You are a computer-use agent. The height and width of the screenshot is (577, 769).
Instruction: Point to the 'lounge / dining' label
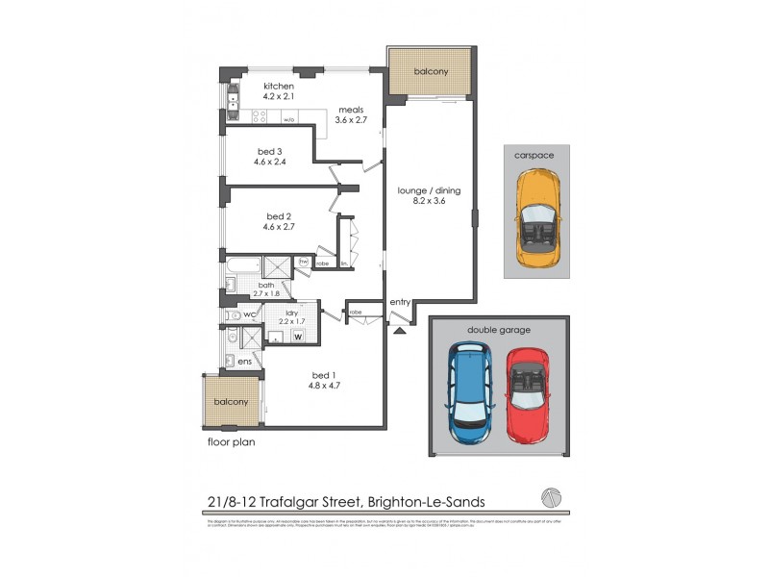pos(429,190)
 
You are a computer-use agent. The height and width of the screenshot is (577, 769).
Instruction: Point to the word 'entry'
pos(401,302)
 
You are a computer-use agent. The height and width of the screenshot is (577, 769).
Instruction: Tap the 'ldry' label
pos(286,313)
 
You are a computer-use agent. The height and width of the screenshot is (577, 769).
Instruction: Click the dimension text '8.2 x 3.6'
pos(429,202)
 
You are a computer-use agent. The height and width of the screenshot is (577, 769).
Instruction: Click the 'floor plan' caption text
pos(231,442)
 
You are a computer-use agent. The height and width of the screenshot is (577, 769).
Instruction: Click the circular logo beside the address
pos(550,495)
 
